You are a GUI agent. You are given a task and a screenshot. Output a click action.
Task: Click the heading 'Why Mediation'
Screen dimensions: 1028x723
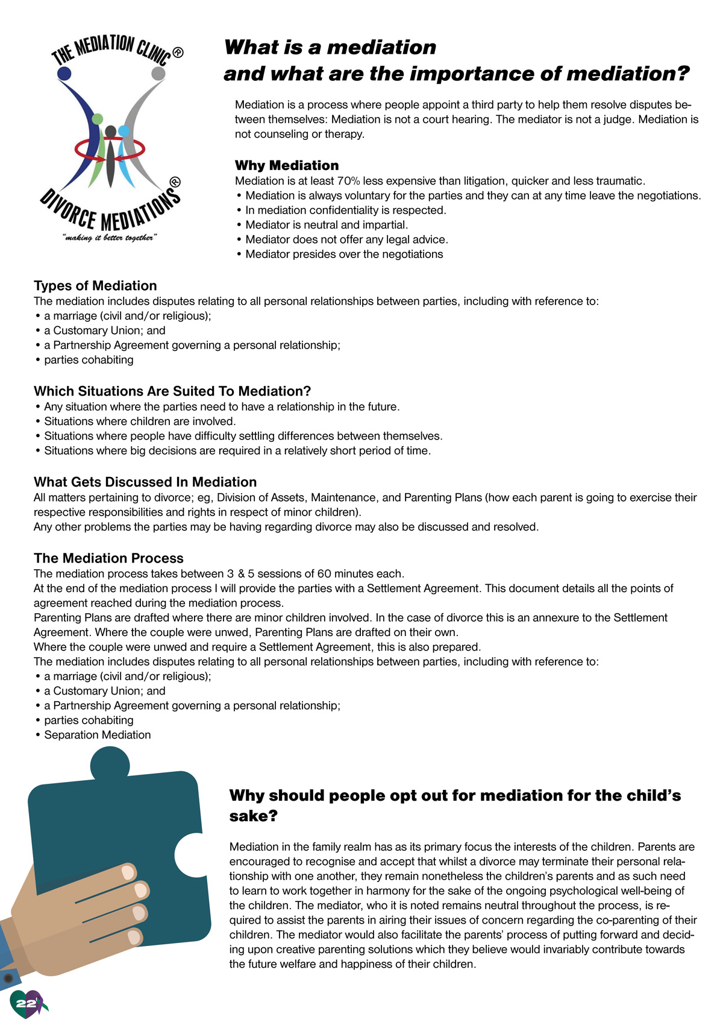click(287, 165)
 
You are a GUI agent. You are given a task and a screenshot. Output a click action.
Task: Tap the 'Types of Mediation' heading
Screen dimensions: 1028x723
click(95, 286)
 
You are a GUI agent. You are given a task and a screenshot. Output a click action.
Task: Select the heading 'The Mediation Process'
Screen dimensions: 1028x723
click(108, 558)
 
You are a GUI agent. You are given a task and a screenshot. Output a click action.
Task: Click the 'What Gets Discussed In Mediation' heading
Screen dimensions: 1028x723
click(145, 482)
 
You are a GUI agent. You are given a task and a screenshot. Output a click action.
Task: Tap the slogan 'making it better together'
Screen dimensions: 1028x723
click(110, 238)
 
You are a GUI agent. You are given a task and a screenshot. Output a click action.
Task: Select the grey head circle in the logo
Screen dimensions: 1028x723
click(158, 74)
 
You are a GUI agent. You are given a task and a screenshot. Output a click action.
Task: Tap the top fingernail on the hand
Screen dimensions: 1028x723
click(128, 872)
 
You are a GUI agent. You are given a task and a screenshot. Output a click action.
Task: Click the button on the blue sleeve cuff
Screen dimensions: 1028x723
click(8, 977)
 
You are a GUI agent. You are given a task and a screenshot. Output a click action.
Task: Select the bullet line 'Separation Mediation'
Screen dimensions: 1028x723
click(97, 735)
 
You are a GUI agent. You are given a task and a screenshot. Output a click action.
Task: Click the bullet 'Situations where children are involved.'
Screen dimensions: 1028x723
click(140, 421)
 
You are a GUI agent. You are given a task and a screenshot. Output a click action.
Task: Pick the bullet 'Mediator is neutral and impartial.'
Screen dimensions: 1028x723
click(327, 225)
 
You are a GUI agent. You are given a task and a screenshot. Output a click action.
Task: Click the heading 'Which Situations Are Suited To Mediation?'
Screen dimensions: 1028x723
click(172, 391)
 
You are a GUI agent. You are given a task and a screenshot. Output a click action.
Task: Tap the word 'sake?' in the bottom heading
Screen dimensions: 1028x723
click(253, 816)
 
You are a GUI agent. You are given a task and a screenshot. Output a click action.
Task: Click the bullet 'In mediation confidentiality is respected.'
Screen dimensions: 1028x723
click(345, 210)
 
